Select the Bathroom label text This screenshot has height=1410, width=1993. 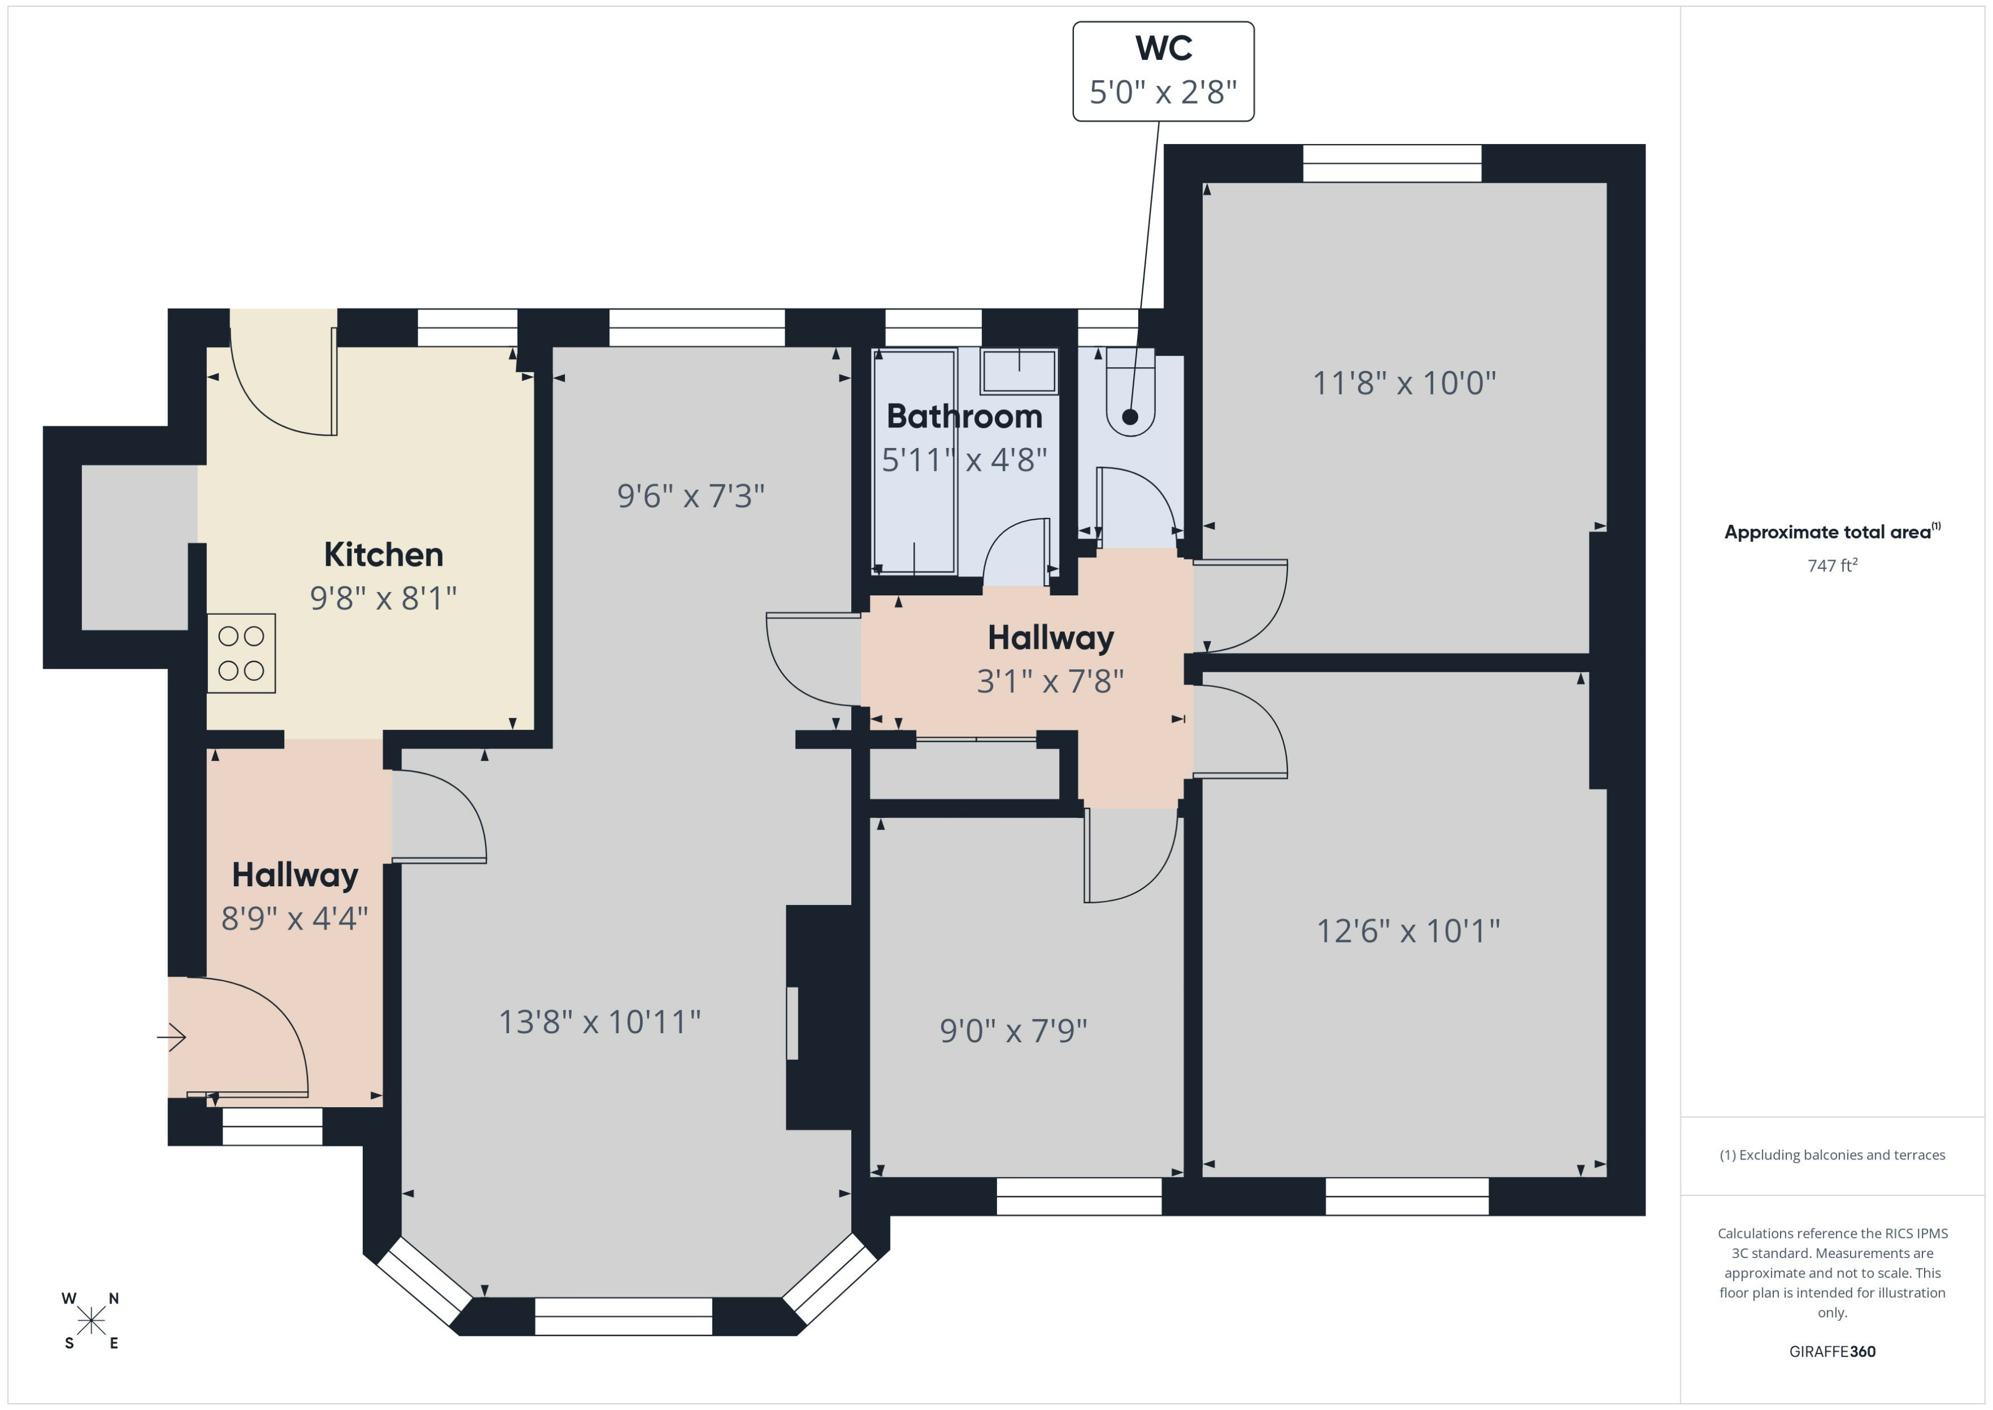964,417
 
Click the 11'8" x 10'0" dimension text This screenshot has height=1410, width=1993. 1404,383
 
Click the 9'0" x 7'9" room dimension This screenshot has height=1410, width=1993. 1014,1030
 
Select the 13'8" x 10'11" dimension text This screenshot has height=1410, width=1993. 599,1022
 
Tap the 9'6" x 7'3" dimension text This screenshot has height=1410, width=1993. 690,496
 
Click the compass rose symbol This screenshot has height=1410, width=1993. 91,1321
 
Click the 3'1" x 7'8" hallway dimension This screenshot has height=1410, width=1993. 1050,681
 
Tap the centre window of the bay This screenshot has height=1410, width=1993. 624,1316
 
